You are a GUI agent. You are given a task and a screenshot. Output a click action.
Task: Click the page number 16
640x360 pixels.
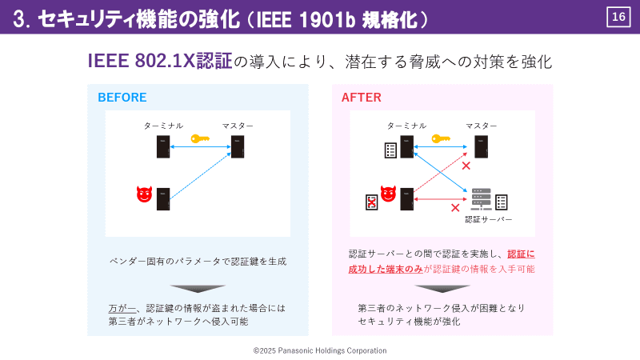coord(618,17)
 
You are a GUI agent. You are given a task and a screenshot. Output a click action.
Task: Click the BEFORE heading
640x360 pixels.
coord(122,98)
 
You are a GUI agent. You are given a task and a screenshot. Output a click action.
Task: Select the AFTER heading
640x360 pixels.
coord(362,98)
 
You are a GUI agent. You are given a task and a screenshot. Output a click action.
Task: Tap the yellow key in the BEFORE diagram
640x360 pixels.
coord(199,138)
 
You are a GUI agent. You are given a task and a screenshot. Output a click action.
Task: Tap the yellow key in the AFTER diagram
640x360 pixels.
coord(441,138)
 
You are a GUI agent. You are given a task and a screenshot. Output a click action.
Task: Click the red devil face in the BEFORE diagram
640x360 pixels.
coord(144,194)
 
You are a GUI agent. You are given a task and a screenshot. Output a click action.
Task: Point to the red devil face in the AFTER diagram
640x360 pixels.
coord(389,194)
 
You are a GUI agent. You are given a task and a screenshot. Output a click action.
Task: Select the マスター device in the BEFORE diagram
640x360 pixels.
coord(238,147)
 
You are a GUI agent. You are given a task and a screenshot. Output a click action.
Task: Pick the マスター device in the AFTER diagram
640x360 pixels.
coord(482,147)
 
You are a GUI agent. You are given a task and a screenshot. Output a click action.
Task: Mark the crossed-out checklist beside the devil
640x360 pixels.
coord(371,202)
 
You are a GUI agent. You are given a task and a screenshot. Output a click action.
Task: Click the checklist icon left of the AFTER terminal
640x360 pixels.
coord(390,150)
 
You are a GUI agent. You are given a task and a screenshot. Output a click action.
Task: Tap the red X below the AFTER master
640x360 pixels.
coord(466,166)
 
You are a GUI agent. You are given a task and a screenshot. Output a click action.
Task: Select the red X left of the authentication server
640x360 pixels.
coord(455,207)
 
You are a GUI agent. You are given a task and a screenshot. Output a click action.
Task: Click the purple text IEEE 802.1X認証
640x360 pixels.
coord(160,62)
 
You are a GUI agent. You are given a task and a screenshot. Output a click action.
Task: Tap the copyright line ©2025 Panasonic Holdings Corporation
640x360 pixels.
coord(320,350)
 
